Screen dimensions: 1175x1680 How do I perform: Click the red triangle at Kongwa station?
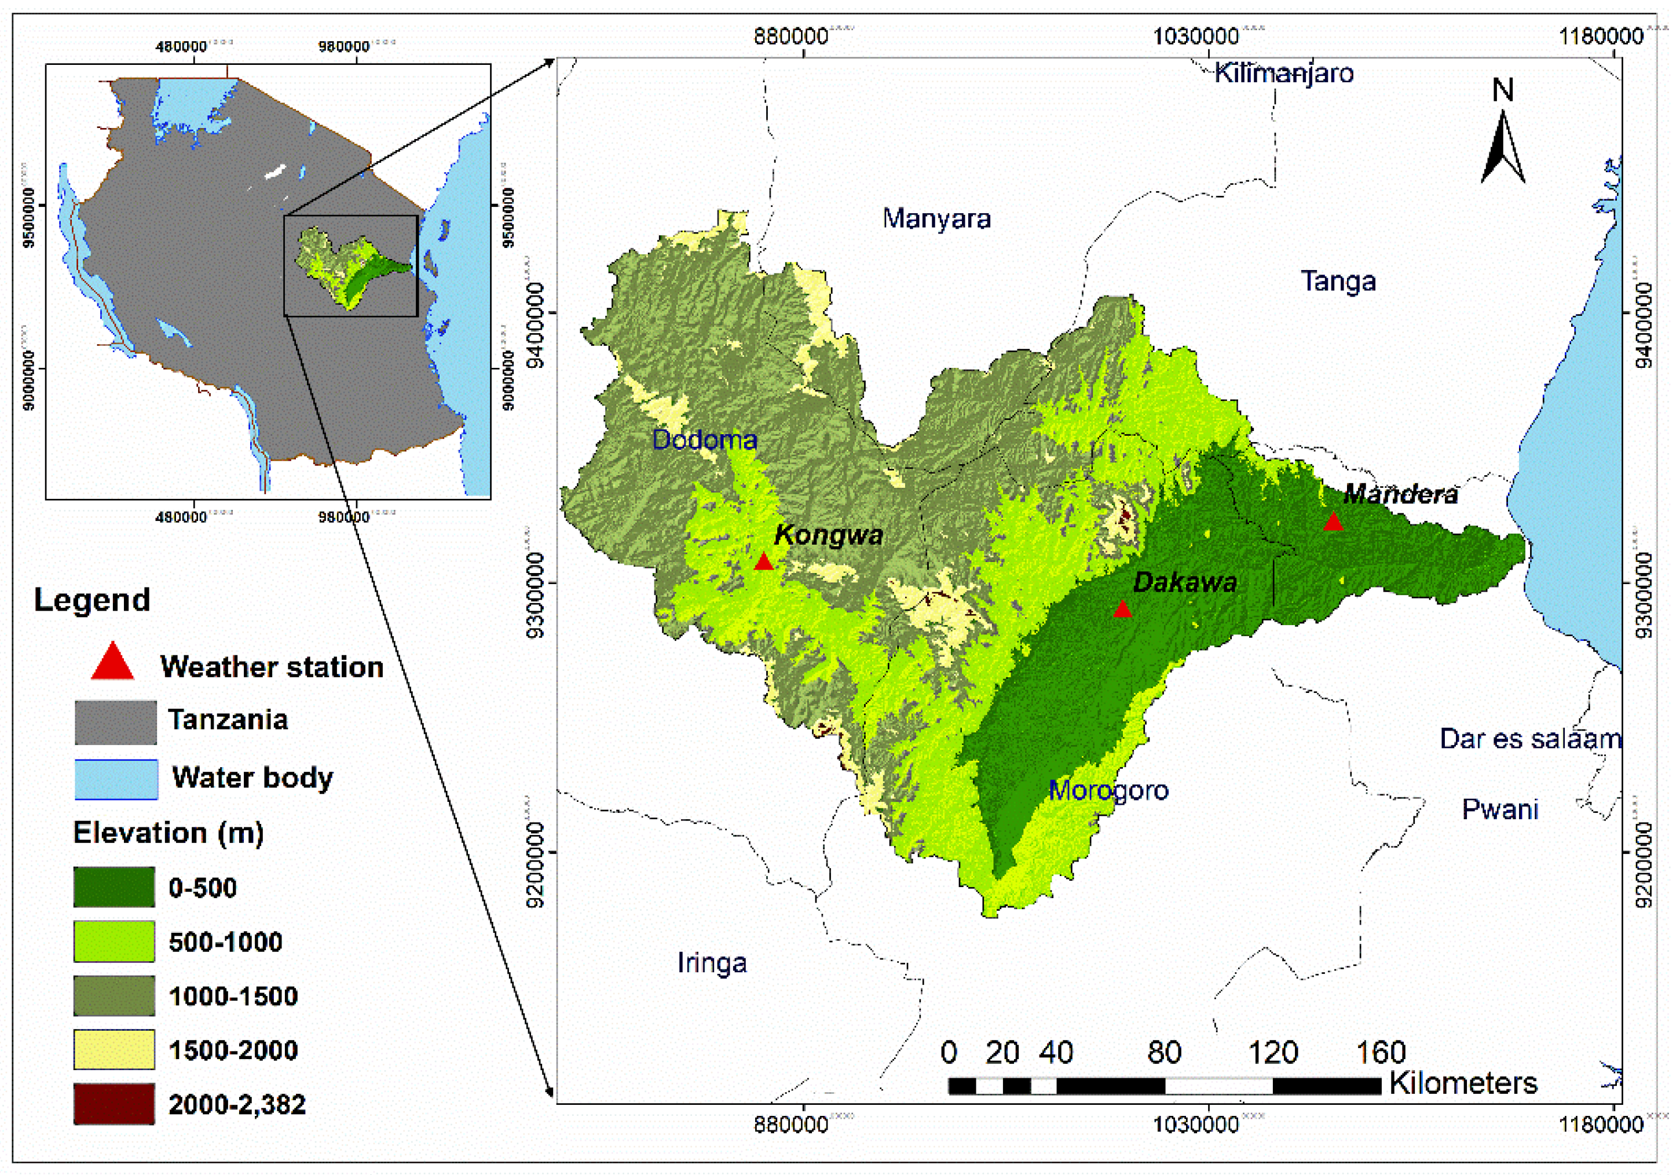coord(763,562)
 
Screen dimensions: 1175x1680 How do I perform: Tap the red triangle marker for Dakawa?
coord(1122,609)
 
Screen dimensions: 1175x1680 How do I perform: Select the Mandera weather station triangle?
coord(1333,522)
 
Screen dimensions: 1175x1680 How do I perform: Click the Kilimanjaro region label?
coord(1284,73)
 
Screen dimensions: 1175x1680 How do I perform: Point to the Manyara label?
coord(936,218)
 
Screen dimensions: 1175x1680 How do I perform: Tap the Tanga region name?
coord(1338,281)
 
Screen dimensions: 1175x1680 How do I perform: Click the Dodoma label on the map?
coord(704,439)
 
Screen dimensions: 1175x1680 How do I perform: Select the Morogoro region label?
coord(1108,790)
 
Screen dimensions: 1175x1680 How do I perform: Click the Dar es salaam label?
coord(1530,739)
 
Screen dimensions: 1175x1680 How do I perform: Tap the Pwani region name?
coord(1500,809)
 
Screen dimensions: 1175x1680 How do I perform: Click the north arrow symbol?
coord(1503,147)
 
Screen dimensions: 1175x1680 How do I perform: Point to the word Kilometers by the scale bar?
coord(1463,1083)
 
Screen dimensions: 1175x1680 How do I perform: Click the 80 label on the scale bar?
coord(1164,1053)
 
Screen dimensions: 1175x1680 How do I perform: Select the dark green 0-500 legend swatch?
coord(114,886)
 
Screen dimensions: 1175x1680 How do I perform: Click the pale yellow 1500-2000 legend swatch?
coord(114,1049)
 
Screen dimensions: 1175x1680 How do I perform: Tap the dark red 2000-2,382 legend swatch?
coord(114,1103)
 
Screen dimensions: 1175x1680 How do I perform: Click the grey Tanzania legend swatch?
coord(116,722)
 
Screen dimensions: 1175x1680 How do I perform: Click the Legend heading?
coord(92,600)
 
